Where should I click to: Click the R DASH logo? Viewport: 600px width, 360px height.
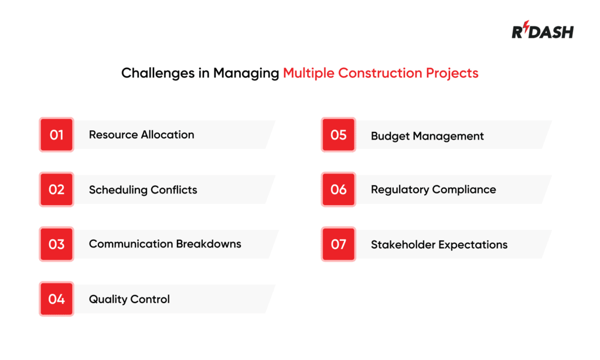543,32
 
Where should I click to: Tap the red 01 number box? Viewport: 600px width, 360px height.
56,135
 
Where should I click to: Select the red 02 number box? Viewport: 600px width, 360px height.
56,189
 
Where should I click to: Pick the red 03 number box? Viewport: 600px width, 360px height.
56,244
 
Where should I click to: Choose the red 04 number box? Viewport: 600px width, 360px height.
56,299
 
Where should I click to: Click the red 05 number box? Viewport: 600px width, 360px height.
338,135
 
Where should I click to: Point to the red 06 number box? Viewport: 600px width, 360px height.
338,189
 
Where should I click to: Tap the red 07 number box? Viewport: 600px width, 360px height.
338,244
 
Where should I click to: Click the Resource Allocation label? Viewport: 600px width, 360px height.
141,135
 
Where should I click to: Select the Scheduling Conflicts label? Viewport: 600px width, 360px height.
143,190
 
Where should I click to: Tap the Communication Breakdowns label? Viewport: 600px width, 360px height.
165,244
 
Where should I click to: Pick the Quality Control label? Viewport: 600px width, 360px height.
129,299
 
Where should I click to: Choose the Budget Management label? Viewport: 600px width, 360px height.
427,136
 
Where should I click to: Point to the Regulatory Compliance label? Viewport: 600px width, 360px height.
433,190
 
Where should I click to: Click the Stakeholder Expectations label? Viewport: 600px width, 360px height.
439,244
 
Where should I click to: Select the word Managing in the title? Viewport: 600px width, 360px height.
246,74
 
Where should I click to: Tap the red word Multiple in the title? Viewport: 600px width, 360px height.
309,73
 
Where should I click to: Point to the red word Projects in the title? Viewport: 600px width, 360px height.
453,74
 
